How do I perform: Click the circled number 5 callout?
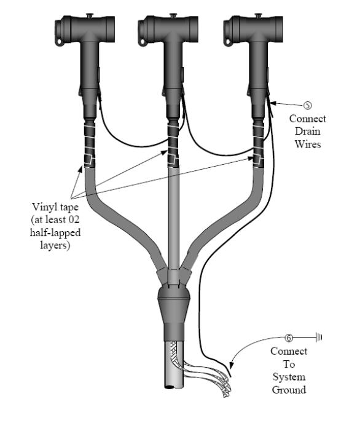307,105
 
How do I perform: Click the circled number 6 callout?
289,338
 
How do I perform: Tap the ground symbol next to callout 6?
319,337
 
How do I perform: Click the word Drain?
307,131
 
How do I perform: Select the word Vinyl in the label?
43,207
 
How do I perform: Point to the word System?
289,377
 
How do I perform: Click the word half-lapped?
55,232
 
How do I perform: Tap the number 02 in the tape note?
74,219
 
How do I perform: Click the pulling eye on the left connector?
60,42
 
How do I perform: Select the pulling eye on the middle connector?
143,42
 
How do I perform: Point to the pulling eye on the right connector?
229,42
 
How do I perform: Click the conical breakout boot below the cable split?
173,313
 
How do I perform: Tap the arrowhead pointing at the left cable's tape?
80,169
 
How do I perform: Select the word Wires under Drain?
307,144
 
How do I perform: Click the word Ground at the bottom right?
289,390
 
